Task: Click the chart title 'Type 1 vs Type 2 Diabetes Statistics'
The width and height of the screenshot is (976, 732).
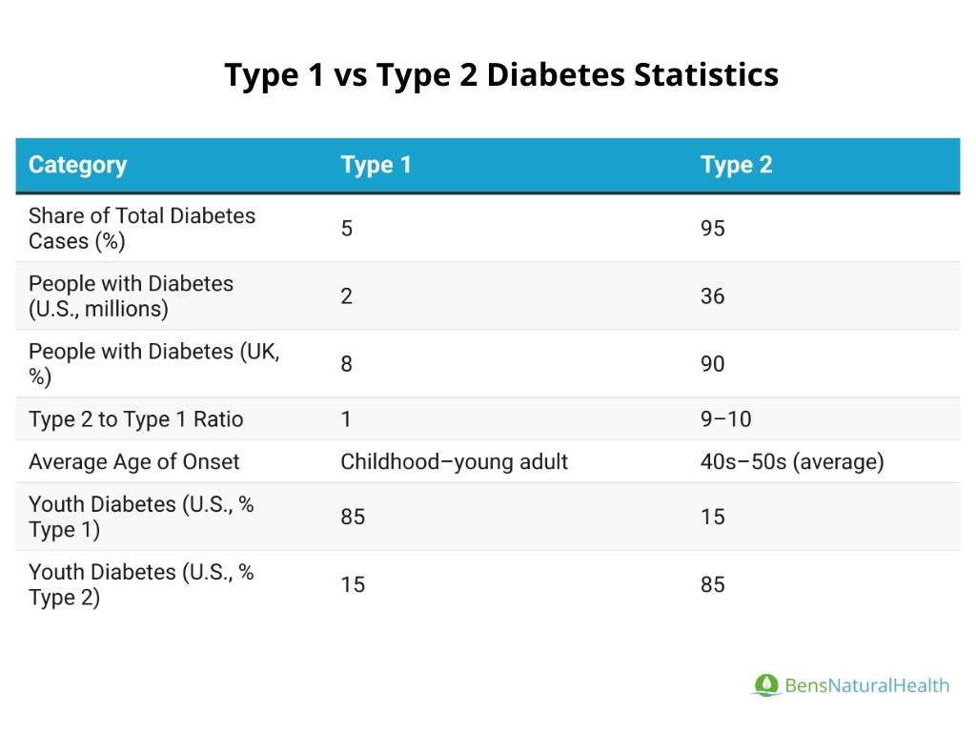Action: [501, 74]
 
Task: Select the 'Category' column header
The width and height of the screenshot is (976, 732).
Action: [77, 165]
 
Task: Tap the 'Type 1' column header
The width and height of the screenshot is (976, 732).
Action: [376, 165]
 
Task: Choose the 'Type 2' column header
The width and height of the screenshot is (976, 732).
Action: [736, 165]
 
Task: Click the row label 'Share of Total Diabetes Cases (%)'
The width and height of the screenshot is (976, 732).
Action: [142, 229]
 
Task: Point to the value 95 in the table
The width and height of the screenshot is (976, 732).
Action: [712, 229]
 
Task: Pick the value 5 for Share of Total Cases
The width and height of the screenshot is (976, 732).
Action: [347, 229]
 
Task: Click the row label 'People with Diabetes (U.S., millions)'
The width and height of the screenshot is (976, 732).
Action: [131, 296]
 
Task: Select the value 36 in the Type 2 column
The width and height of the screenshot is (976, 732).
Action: [712, 296]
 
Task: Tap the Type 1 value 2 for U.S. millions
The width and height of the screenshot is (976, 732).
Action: [347, 296]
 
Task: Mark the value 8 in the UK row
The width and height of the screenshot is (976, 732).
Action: [347, 364]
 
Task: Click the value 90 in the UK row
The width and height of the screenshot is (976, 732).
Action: [712, 364]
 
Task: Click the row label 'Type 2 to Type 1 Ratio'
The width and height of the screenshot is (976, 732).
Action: [135, 419]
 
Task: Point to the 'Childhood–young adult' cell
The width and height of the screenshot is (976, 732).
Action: [454, 462]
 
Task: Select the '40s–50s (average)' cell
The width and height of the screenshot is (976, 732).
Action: [792, 462]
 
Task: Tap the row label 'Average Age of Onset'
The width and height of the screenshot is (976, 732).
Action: [133, 462]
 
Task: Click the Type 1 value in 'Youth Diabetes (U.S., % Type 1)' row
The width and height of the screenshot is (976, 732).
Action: [353, 517]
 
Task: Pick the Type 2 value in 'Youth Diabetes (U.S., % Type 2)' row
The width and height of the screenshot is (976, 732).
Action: [712, 584]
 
